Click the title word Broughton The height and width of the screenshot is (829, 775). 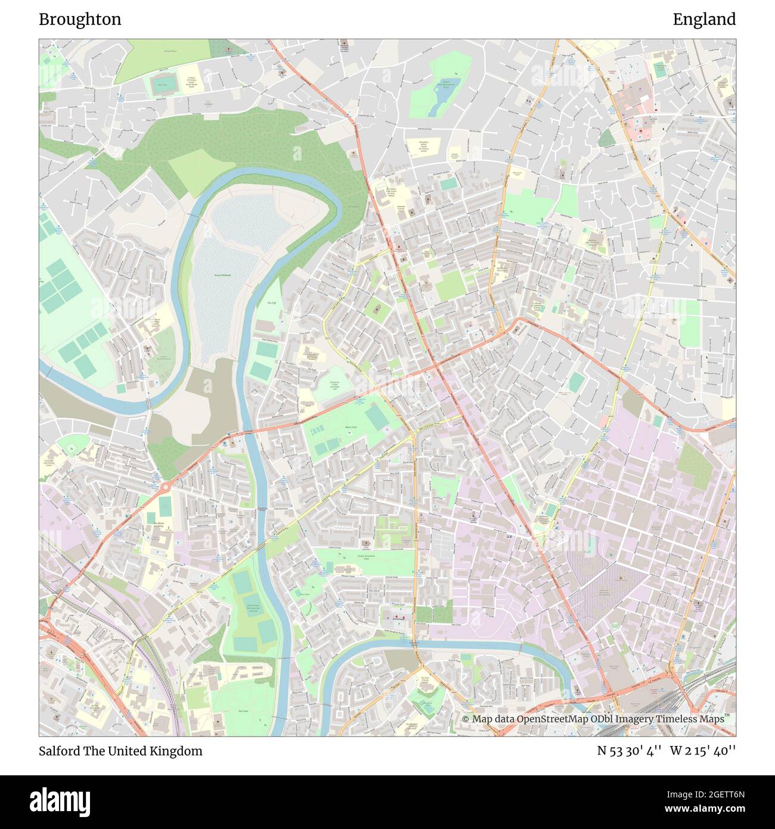coord(80,19)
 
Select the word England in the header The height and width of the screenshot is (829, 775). coord(704,19)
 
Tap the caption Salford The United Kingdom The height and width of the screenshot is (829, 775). coord(120,751)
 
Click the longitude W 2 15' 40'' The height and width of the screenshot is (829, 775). coord(703,751)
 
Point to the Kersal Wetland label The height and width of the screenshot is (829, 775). coord(222,275)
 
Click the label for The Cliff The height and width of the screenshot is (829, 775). coord(271,303)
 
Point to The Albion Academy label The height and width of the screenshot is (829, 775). coord(159,523)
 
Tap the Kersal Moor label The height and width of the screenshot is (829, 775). coord(170,52)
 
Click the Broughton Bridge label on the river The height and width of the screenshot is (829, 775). coord(262,509)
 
